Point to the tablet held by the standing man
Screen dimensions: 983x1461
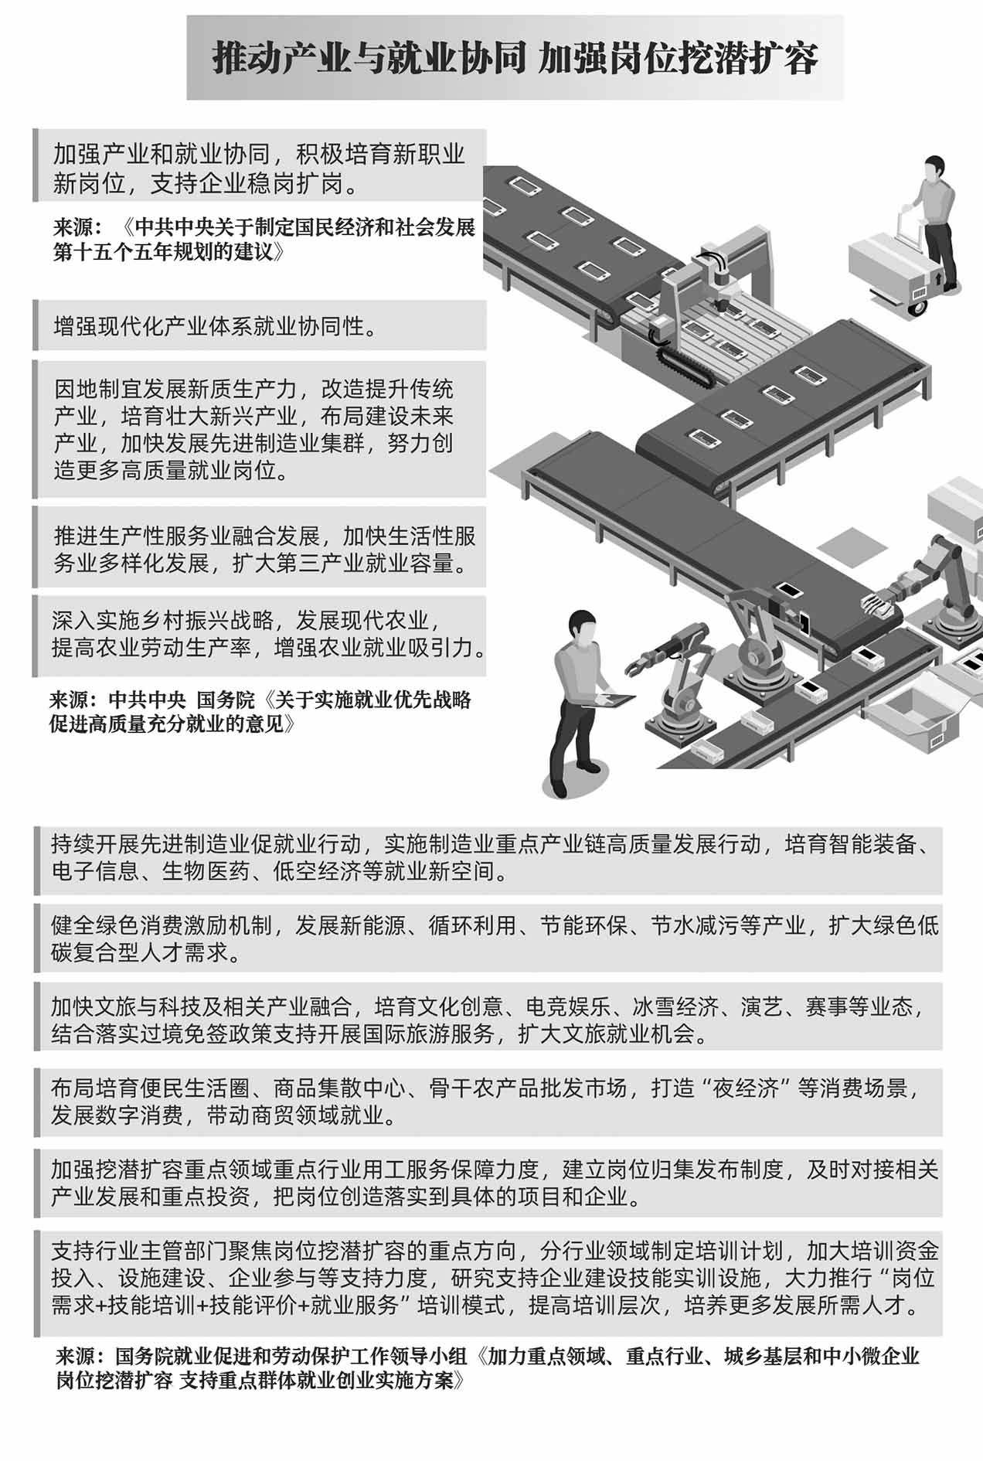(x=613, y=701)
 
